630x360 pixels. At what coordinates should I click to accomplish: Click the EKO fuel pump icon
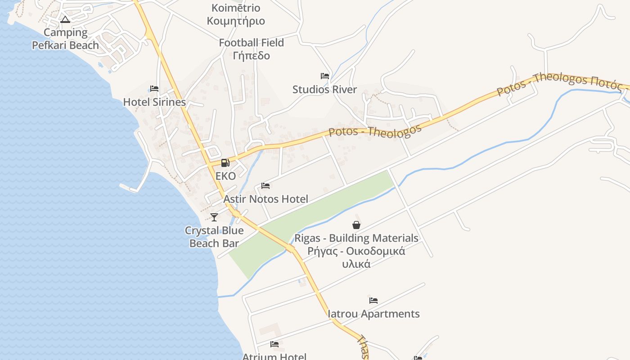pos(225,163)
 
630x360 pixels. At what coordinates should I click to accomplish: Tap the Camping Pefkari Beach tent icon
pos(65,19)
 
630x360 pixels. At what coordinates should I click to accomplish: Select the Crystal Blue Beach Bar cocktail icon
pos(214,217)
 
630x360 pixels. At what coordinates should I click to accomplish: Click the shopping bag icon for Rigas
pos(356,225)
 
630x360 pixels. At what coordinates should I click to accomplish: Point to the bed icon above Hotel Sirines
pos(154,89)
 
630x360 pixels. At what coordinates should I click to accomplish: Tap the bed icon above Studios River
pos(324,76)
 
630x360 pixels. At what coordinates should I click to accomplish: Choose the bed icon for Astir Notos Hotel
pos(265,186)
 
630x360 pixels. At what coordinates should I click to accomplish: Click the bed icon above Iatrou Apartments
pos(373,301)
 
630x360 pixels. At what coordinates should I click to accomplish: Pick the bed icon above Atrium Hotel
pos(274,345)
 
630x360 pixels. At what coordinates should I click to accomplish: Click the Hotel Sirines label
pos(154,102)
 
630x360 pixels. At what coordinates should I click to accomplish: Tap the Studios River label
pos(324,90)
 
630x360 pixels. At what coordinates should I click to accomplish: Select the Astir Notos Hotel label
pos(265,199)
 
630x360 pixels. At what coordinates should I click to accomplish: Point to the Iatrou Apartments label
pos(373,314)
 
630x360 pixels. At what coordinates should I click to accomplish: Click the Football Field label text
pos(251,43)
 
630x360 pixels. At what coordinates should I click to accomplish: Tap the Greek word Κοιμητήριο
pos(236,21)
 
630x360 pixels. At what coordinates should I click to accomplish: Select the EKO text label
pos(225,176)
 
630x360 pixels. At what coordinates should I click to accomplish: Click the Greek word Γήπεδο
pos(252,56)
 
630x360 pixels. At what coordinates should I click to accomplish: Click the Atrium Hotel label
pos(274,356)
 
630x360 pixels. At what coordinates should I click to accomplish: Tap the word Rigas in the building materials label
pos(309,238)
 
